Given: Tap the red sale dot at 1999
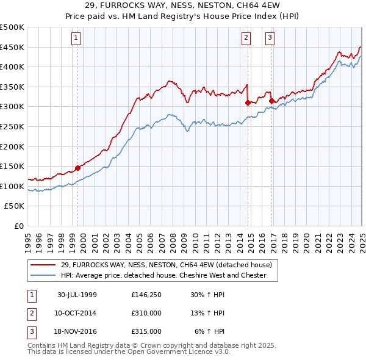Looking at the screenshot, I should (78, 168).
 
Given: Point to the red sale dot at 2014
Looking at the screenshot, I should (248, 103).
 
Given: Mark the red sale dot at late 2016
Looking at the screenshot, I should (271, 101).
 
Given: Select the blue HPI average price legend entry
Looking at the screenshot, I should (163, 275).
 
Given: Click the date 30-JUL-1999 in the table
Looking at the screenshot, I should (77, 295).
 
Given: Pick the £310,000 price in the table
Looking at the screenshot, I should (146, 313).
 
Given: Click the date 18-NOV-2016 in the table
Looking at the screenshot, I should (77, 331).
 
